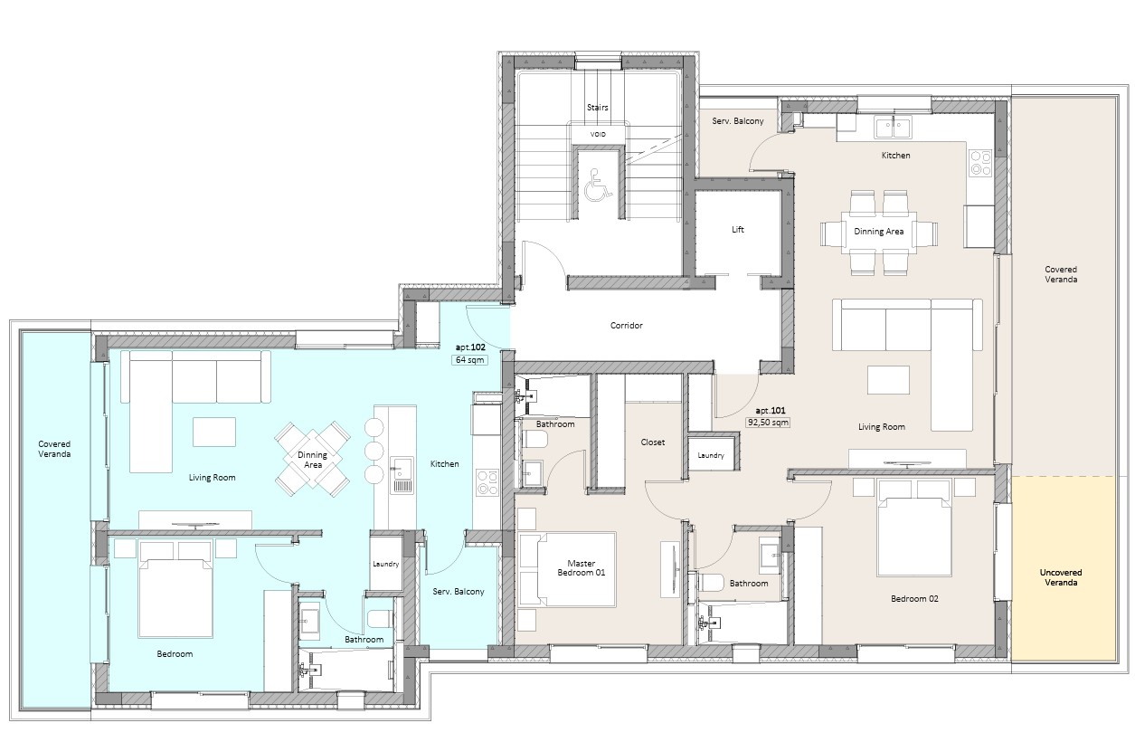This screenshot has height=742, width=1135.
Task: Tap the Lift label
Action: pos(737,230)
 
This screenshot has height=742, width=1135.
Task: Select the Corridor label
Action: pos(626,326)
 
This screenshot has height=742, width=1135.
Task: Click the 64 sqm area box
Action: pos(469,360)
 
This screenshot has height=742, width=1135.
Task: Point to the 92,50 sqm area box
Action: pos(768,423)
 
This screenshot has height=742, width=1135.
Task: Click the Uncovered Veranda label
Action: pos(1061,577)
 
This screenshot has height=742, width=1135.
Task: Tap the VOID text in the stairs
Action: pos(598,134)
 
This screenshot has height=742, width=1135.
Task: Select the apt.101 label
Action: pos(771,411)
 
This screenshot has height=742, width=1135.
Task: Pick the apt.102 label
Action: pos(470,347)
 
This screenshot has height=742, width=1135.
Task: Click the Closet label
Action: pos(653,442)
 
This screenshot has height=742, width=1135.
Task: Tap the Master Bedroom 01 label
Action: pos(582,567)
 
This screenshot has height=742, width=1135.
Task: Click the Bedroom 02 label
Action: pos(914,598)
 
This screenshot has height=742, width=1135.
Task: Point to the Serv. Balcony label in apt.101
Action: pos(738,121)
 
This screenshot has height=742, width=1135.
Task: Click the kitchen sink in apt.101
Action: pos(893,127)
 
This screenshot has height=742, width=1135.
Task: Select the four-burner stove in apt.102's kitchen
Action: pos(487,482)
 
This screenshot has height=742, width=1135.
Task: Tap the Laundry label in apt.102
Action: pos(385,564)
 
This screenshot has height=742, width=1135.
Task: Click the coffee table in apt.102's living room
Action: pos(214,432)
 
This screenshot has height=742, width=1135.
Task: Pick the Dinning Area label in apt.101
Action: pos(879,232)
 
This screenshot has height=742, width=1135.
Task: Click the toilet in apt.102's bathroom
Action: pos(381,619)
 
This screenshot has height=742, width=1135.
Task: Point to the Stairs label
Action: pos(598,108)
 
